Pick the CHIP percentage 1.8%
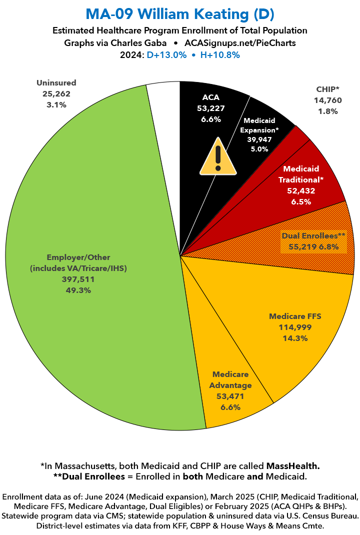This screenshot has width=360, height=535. (x=328, y=111)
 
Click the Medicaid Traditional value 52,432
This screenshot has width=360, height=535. (x=300, y=191)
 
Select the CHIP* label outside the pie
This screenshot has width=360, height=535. (x=328, y=89)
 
